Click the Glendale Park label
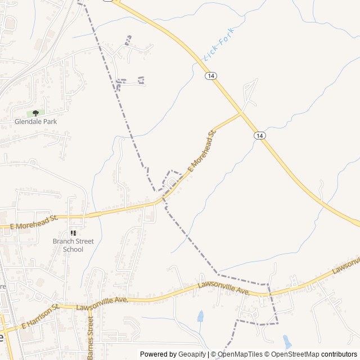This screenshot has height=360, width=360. point(35,121)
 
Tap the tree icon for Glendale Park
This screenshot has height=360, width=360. point(35,113)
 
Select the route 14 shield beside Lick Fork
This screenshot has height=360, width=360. point(210,76)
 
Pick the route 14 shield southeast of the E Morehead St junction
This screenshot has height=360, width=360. point(259,136)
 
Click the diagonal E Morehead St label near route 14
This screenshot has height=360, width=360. point(202,151)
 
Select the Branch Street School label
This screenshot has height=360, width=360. point(73,245)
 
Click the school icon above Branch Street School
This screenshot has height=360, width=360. point(73,233)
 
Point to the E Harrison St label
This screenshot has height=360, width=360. point(40,317)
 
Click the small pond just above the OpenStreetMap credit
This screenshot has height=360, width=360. point(287,341)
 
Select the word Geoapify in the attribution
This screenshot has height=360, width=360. point(192,354)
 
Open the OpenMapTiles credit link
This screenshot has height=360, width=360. point(240,354)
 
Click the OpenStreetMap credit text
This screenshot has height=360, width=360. point(295,354)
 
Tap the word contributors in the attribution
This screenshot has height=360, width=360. point(339,354)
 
